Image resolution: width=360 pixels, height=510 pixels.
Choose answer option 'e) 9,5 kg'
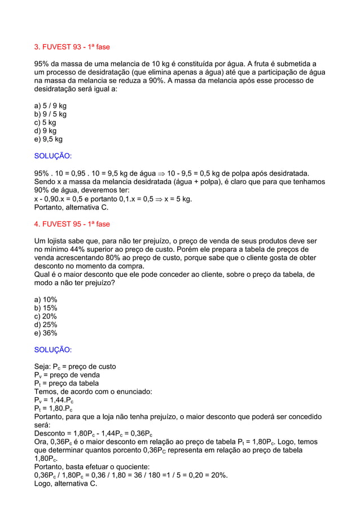(49, 139)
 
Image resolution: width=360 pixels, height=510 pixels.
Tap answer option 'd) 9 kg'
(46, 130)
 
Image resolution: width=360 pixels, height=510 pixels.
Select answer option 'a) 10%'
(46, 299)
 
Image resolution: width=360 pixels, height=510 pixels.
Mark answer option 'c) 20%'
(46, 316)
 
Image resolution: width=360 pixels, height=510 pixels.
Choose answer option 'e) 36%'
(46, 333)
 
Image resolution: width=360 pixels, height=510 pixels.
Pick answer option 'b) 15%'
(46, 308)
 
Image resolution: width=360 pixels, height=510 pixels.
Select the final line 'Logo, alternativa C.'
(65, 483)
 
